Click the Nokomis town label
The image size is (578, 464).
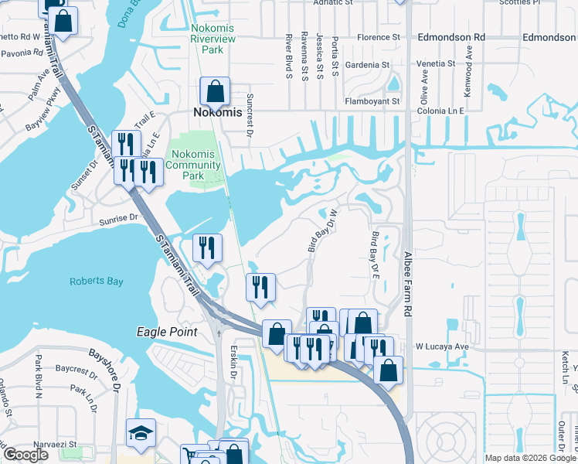pyautogui.click(x=217, y=112)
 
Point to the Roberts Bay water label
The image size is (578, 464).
pyautogui.click(x=96, y=281)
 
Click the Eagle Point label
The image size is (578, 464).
pyautogui.click(x=166, y=332)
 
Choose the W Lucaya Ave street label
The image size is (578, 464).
pyautogui.click(x=443, y=346)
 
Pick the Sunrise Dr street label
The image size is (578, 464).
pyautogui.click(x=117, y=220)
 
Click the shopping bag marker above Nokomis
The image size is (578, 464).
pyautogui.click(x=214, y=92)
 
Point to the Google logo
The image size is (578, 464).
pyautogui.click(x=25, y=455)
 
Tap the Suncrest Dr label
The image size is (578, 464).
pyautogui.click(x=249, y=121)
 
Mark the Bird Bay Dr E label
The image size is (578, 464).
pyautogui.click(x=376, y=254)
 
